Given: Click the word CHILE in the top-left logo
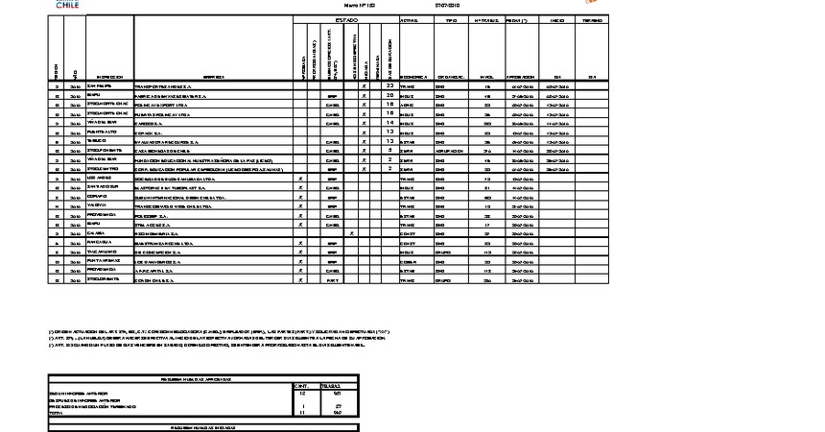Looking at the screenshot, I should pyautogui.click(x=67, y=5).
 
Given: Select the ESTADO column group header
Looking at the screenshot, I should pyautogui.click(x=346, y=19).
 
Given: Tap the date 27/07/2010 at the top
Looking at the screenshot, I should pyautogui.click(x=448, y=5).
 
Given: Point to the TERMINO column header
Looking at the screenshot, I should pyautogui.click(x=592, y=19).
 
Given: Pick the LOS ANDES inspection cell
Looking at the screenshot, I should pyautogui.click(x=99, y=179).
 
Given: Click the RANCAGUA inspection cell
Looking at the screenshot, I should pyautogui.click(x=99, y=243).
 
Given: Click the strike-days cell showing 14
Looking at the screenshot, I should pyautogui.click(x=389, y=123).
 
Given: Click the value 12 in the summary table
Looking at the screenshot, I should pyautogui.click(x=304, y=394).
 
